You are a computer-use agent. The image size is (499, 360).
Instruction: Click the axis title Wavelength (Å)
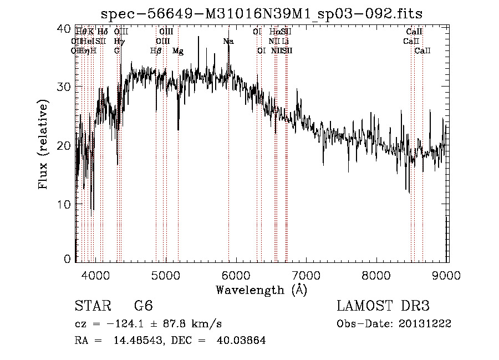tap(261, 290)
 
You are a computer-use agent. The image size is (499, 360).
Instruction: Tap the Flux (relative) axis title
tap(43, 144)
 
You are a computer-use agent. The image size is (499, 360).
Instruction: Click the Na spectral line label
tap(228, 42)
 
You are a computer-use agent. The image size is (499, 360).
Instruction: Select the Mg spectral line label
tap(178, 51)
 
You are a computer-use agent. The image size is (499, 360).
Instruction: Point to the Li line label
tap(284, 42)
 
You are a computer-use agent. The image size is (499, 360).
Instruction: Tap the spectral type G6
tap(143, 307)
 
